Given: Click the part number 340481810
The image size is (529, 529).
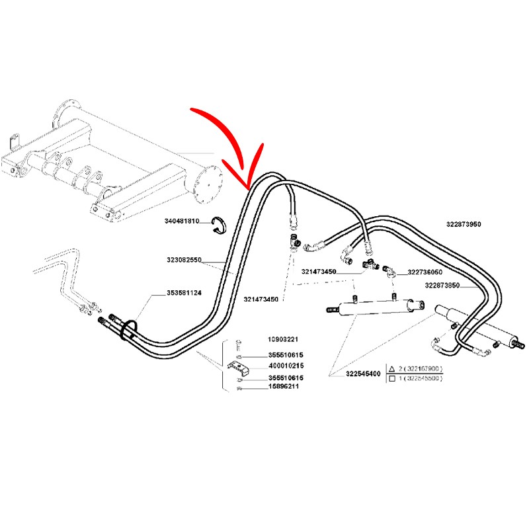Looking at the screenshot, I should (182, 221).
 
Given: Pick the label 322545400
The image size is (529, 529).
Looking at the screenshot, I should (363, 374).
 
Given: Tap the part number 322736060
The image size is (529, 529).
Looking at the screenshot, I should (425, 272).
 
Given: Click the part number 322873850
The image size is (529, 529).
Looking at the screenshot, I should (442, 285).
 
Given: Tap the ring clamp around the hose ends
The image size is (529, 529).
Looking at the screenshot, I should (129, 329).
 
